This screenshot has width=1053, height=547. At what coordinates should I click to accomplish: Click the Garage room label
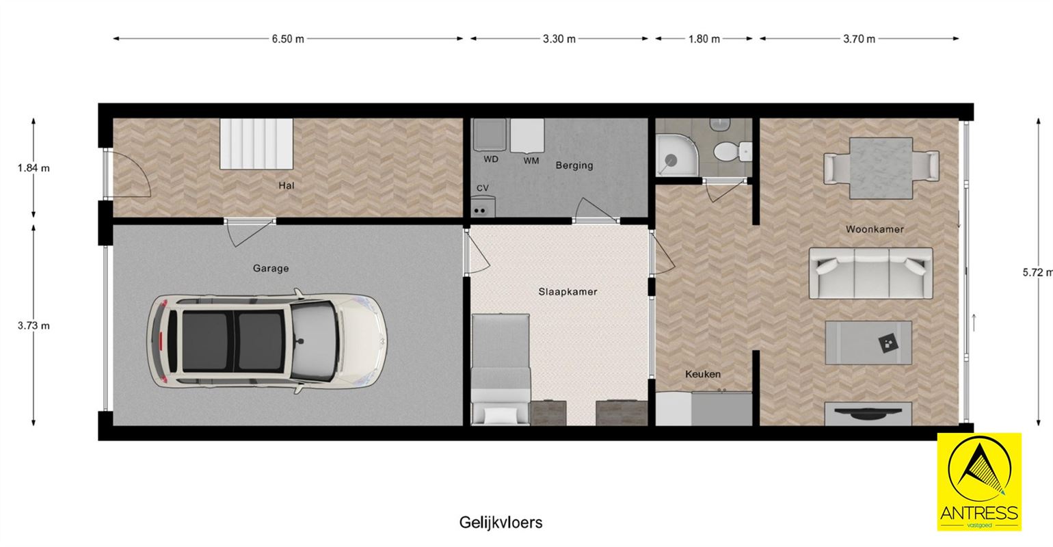coord(271,269)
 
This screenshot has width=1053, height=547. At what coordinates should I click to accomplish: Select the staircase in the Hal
coord(256,144)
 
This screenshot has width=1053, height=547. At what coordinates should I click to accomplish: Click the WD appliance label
coord(491,160)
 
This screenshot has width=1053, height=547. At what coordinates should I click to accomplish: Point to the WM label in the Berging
coord(531,161)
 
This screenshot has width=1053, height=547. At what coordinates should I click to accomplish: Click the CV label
coord(483,188)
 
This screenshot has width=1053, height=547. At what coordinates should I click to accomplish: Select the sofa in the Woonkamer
coord(870,273)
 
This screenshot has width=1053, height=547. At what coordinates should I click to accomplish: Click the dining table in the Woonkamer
coord(880,168)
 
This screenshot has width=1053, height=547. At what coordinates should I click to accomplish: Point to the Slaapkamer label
coord(568,292)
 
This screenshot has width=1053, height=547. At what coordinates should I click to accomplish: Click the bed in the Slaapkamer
coord(501,369)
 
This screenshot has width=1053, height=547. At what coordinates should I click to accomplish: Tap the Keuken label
coord(703,375)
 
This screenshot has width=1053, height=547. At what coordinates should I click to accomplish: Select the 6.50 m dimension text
coord(288,39)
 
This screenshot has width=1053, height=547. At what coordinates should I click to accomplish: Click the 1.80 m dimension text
coord(704,39)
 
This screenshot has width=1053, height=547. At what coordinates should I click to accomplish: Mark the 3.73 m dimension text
coord(34,325)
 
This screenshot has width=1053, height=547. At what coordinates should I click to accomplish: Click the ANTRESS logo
coord(978,481)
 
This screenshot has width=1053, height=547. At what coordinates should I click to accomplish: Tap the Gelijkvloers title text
coord(501,522)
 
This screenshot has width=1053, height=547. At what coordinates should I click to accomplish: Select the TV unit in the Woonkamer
coord(868,413)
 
